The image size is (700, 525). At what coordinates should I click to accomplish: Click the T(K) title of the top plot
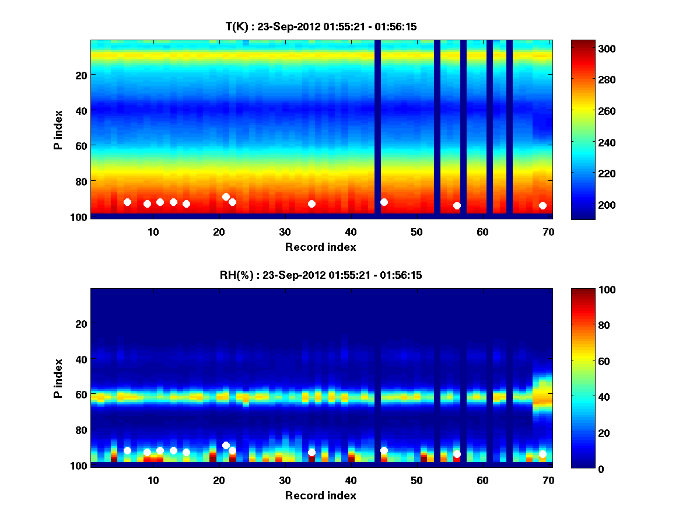pos(320,26)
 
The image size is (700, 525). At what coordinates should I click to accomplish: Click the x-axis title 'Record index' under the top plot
pos(320,247)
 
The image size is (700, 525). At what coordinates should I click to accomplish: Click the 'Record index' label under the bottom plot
pos(320,495)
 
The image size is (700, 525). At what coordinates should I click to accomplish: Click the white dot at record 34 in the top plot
pos(311,204)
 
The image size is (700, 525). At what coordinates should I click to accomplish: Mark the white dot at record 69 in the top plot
pos(542,205)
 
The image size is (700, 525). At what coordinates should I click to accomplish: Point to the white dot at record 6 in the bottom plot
pos(127,450)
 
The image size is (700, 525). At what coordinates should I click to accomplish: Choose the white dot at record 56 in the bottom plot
pos(457,454)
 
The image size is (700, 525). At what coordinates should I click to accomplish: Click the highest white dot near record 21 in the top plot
pos(226,197)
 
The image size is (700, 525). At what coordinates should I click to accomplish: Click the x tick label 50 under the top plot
pos(416,231)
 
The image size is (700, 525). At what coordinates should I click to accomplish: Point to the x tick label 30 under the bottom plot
pos(285,480)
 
